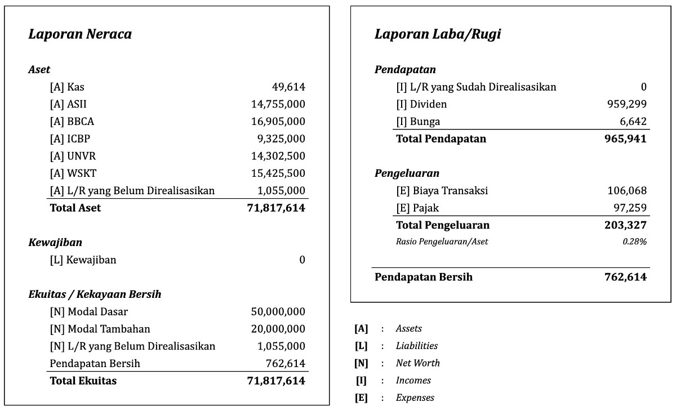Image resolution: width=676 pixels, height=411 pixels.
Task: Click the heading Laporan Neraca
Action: point(79,34)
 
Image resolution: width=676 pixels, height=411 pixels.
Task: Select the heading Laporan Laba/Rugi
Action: point(437,34)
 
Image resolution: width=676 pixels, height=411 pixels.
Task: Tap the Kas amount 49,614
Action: point(288,87)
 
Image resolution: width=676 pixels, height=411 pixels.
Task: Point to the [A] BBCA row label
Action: point(72,122)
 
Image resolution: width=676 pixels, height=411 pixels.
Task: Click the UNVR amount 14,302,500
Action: point(278,156)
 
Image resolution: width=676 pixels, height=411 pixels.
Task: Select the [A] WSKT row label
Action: point(73,173)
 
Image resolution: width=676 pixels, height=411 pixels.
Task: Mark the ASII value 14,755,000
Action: point(278,104)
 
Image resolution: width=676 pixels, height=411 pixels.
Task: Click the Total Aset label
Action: point(75,208)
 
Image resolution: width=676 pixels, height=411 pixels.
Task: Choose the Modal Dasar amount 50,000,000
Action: point(278,312)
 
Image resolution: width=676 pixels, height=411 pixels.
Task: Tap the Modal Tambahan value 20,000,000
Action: point(278,329)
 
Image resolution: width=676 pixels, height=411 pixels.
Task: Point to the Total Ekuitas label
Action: point(83,381)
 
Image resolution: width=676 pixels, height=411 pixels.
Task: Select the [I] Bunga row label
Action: point(418,122)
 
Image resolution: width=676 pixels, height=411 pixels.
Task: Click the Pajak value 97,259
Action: point(630,208)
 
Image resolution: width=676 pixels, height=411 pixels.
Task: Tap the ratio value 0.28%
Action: point(634,242)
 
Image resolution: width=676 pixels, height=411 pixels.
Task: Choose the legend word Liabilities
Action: point(416,346)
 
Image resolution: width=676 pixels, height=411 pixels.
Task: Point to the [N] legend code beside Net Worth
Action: point(361,363)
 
